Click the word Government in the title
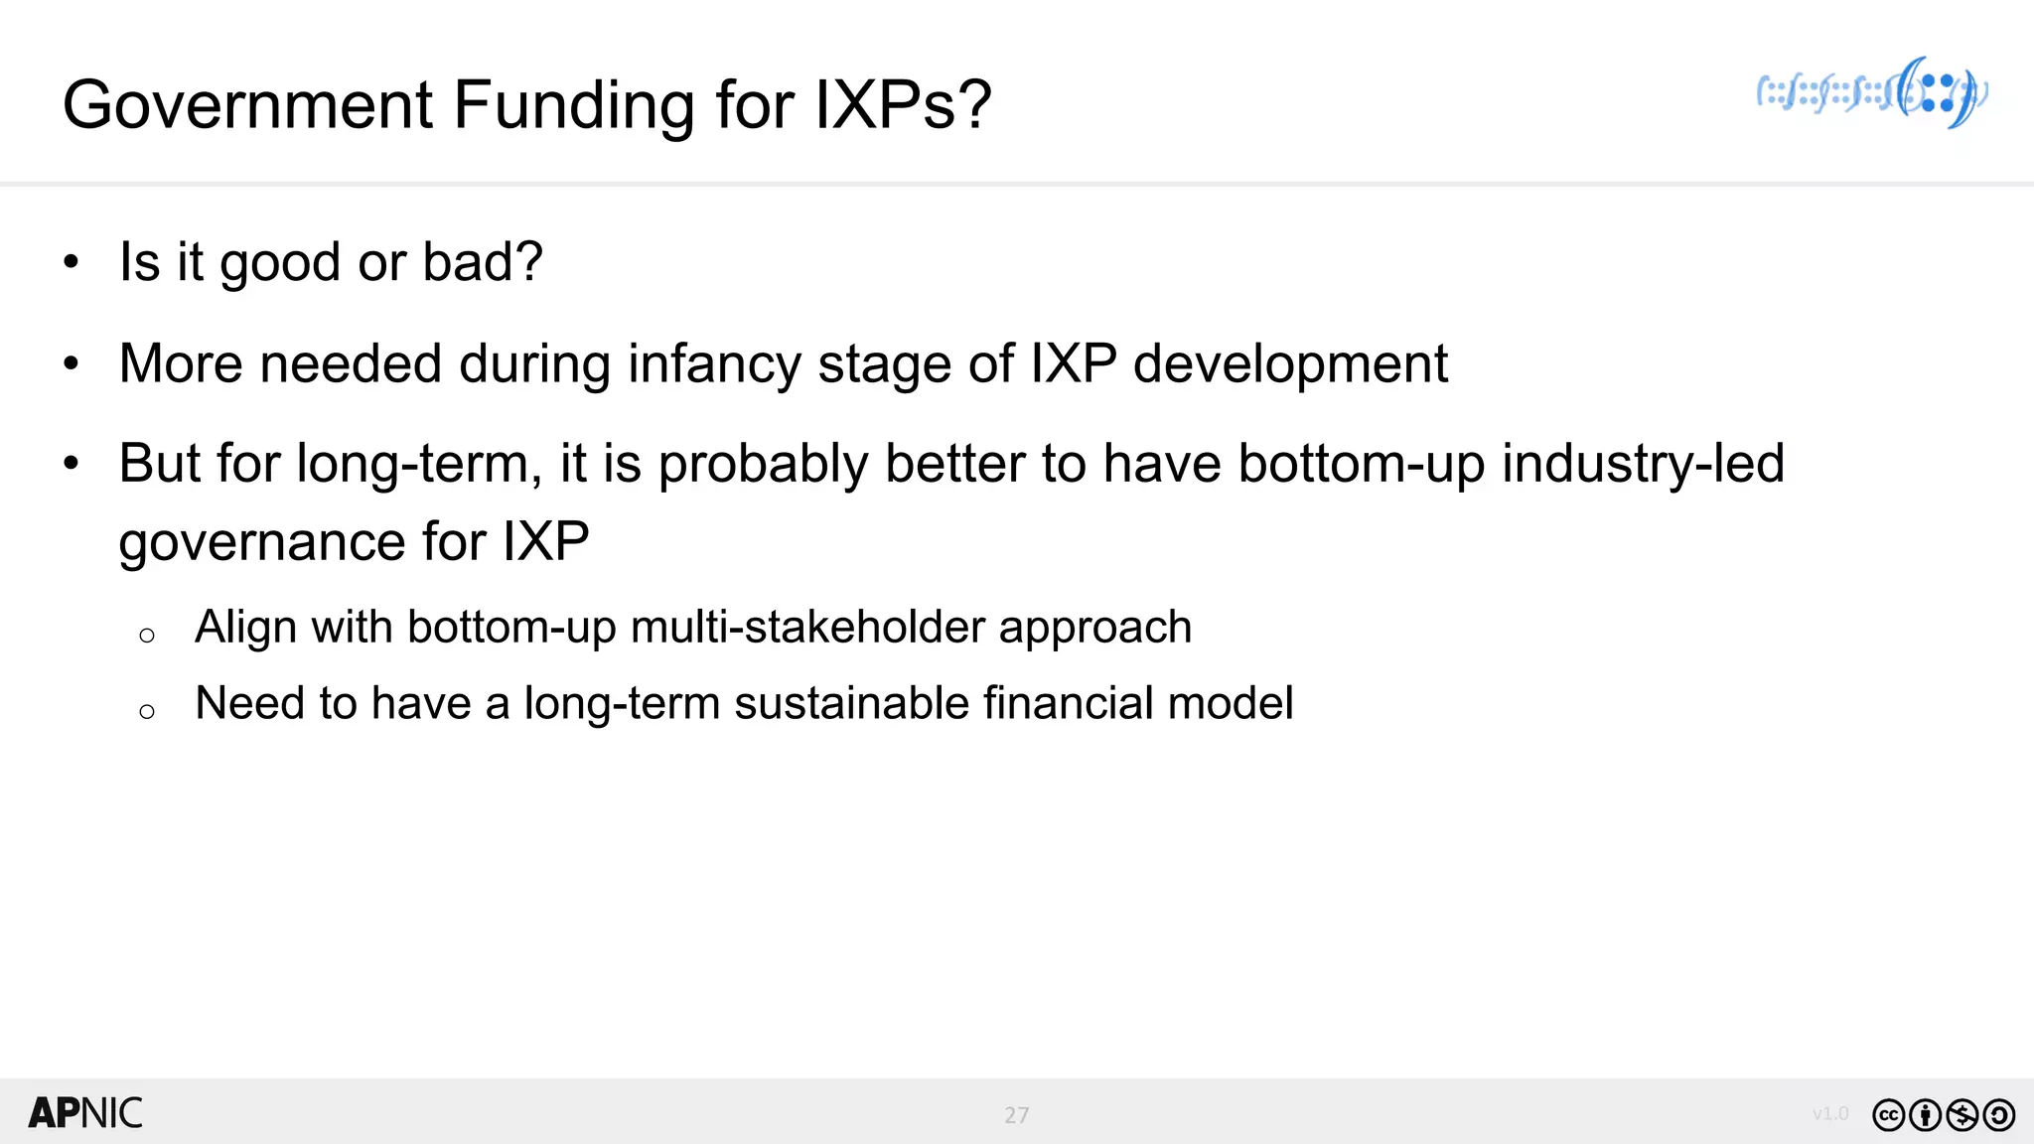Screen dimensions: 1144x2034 248,105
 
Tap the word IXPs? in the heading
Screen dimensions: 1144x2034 903,105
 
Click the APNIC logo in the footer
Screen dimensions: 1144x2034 85,1113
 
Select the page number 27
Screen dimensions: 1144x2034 1016,1115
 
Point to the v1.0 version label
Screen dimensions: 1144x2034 1830,1114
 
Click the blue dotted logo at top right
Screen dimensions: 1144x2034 1873,93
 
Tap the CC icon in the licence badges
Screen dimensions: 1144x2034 1888,1115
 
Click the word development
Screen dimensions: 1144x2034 1290,363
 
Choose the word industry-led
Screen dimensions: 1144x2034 1643,464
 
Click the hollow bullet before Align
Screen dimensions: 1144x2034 147,636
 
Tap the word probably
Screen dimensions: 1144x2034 763,464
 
